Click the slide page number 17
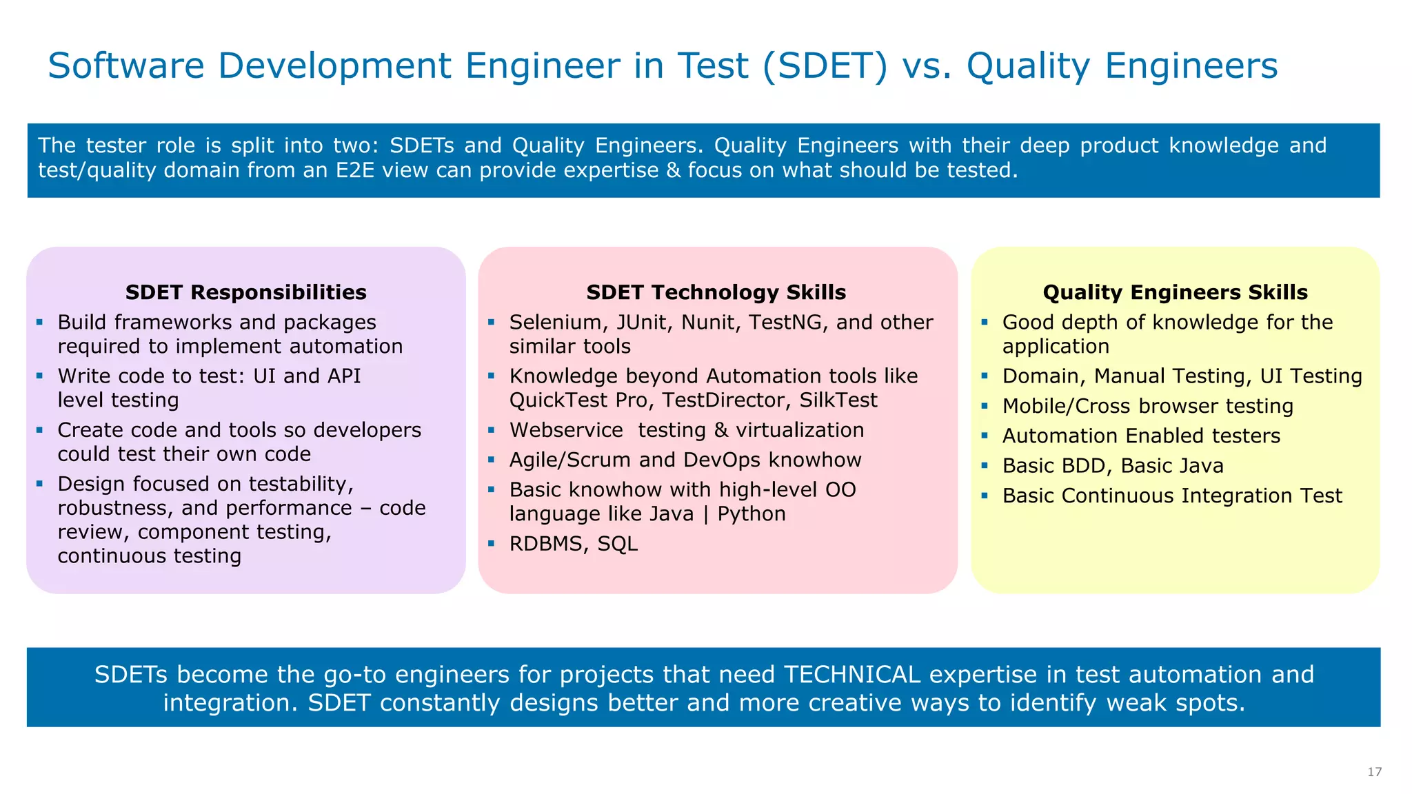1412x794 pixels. coord(1374,772)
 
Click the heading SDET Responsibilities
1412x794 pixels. coord(245,292)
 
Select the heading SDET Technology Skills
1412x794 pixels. coord(716,292)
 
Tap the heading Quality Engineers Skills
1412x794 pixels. coord(1175,292)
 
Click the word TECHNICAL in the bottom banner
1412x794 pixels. coord(851,674)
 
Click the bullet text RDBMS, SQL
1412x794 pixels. coord(573,544)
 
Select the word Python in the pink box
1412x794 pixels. coord(752,514)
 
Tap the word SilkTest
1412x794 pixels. coord(838,400)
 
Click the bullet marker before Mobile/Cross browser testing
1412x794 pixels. coord(985,406)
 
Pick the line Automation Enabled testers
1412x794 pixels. coord(1141,436)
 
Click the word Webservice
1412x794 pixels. coord(566,430)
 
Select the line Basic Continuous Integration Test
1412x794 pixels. coord(1172,496)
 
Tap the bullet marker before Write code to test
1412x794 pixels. coord(40,376)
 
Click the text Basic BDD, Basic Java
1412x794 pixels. coord(1113,466)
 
